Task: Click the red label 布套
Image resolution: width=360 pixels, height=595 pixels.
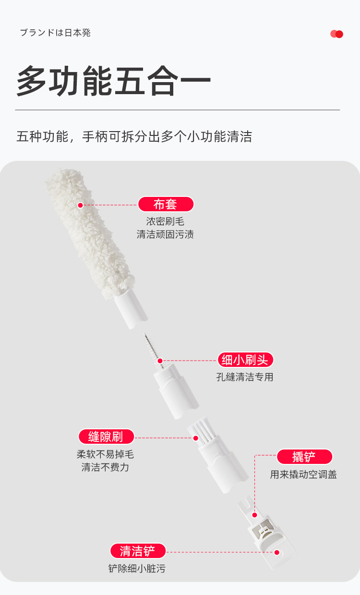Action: [166, 205]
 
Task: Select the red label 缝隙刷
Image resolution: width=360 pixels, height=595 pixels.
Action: [106, 437]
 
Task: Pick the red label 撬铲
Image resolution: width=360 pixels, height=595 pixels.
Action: [304, 457]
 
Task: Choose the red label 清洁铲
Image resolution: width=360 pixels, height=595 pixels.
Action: [138, 551]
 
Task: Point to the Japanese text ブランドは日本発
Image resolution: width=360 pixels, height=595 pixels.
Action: [55, 33]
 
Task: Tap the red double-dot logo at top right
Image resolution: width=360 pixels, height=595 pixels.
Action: [337, 34]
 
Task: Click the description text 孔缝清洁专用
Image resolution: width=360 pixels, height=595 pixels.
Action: [245, 377]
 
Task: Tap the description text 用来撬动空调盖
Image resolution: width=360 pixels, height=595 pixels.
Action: [303, 475]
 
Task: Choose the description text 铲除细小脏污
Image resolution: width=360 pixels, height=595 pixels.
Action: [137, 569]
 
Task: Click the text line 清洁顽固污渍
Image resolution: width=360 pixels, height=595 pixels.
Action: [165, 235]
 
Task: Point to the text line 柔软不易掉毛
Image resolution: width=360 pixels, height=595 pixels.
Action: [105, 454]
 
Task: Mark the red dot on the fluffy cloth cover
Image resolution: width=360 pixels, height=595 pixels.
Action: [80, 205]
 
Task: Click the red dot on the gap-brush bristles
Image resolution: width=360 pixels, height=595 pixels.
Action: [195, 437]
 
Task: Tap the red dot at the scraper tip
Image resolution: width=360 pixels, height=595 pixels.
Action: [277, 552]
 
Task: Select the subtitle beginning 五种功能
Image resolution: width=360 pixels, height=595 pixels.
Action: [134, 137]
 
